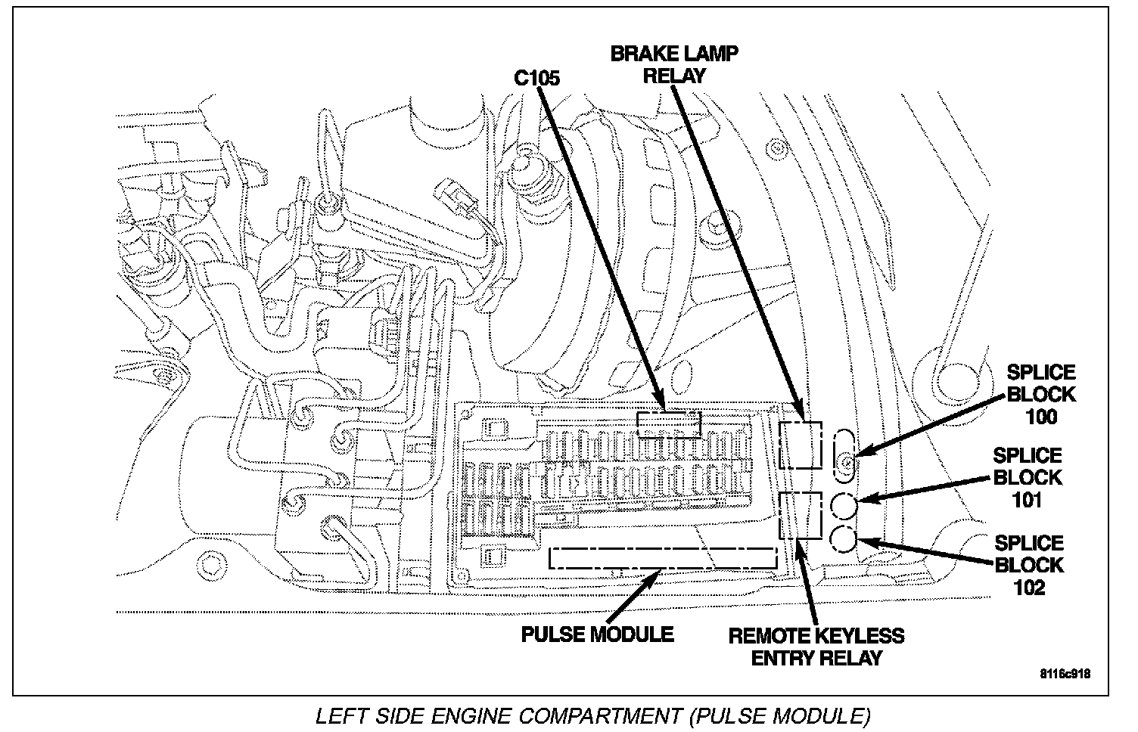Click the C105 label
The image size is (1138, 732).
click(536, 78)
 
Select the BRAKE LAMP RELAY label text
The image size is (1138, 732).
click(674, 64)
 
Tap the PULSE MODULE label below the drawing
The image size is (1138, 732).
click(598, 634)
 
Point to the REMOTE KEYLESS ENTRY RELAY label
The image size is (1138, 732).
click(816, 647)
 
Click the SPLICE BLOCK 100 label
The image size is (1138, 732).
click(1041, 395)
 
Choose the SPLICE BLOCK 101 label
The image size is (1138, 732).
click(1028, 478)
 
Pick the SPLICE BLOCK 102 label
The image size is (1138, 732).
click(1029, 566)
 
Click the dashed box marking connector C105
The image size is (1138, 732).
click(669, 425)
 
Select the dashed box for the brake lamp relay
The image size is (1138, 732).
click(801, 445)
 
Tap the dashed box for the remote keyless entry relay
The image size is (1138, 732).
click(801, 515)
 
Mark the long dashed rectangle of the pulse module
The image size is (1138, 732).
click(663, 558)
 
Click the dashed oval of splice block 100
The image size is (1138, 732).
click(844, 454)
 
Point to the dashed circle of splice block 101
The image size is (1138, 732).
click(844, 506)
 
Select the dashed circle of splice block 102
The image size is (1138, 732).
click(844, 540)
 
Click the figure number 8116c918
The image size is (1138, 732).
click(1065, 674)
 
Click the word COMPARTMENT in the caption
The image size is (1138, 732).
click(600, 716)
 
